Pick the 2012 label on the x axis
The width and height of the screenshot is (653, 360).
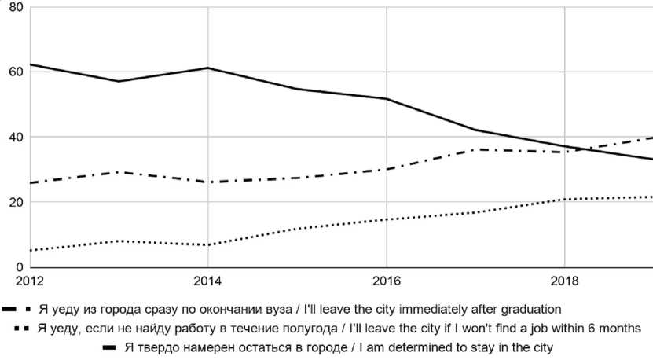click(28, 281)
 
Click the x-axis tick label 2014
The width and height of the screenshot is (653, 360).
click(207, 281)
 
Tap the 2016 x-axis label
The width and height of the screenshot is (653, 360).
click(385, 281)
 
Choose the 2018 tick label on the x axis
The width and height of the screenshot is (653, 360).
click(564, 281)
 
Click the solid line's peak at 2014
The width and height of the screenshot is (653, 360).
click(207, 68)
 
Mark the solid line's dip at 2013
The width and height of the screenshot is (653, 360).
click(117, 81)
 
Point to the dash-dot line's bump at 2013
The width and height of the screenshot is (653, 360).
click(117, 171)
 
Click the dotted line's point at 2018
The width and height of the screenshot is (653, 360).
click(564, 200)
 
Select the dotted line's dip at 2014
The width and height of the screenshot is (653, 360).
click(207, 244)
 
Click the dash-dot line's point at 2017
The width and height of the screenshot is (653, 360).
click(475, 149)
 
